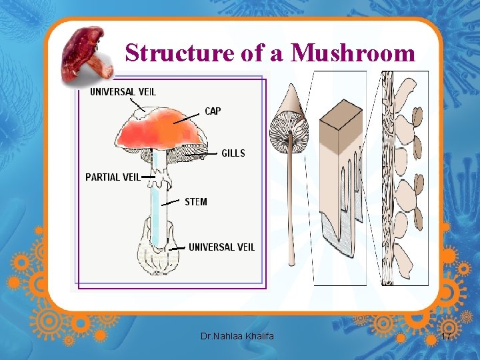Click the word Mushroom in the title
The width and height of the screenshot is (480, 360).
tap(353, 53)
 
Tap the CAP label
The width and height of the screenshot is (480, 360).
tap(212, 111)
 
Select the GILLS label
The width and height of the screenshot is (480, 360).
tap(233, 153)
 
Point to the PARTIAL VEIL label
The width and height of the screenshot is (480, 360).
tap(113, 177)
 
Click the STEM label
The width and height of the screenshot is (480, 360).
tap(195, 201)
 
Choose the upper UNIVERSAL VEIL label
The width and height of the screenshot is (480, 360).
tap(123, 91)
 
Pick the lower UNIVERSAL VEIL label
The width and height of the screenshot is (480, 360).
tap(221, 247)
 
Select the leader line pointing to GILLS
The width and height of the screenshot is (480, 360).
tap(203, 154)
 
